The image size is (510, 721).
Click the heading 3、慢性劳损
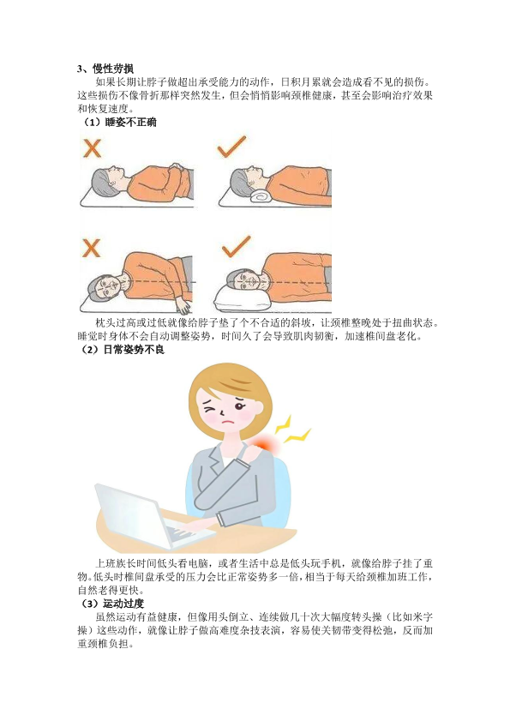105,69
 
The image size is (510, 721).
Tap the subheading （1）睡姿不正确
118,123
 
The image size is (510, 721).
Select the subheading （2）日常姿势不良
122,350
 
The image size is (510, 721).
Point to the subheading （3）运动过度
111,604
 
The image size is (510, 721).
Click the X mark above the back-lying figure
92,149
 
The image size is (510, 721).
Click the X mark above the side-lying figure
91,248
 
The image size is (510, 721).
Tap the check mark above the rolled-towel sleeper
231,147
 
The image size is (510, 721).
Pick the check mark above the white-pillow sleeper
236,246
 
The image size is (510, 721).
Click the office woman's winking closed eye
210,408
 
